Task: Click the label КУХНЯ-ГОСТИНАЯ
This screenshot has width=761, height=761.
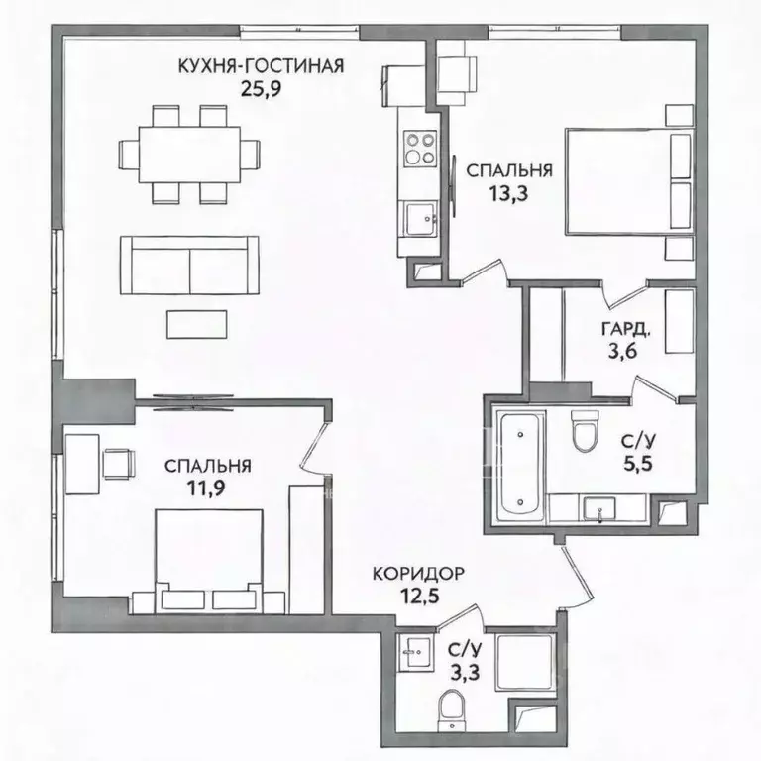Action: pos(261,67)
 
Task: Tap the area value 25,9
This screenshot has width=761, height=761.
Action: pos(261,90)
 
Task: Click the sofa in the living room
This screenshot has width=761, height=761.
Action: pos(188,266)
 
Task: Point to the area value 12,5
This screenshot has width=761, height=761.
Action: pos(417,597)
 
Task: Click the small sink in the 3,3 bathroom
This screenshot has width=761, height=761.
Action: pos(414,652)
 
